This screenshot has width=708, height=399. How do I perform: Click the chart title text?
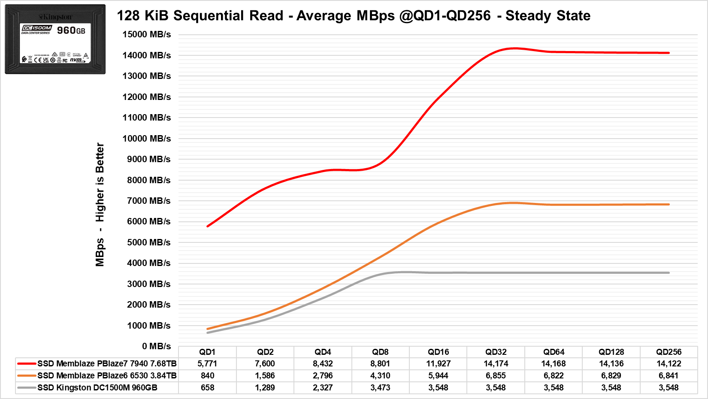click(x=354, y=16)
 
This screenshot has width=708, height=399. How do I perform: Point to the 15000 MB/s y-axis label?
click(x=146, y=34)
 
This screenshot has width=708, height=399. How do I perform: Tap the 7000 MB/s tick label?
click(x=148, y=201)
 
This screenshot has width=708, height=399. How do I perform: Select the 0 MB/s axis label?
click(x=156, y=346)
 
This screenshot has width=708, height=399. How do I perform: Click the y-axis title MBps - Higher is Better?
click(x=100, y=204)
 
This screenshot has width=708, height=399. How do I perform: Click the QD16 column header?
click(x=438, y=352)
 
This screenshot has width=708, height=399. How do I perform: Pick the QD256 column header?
click(x=669, y=352)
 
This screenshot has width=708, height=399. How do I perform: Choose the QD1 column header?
click(x=207, y=352)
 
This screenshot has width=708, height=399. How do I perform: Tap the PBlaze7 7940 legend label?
click(x=107, y=363)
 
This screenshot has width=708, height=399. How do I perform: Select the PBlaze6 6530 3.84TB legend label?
click(x=107, y=375)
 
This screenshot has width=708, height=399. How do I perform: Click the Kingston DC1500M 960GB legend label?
click(x=97, y=387)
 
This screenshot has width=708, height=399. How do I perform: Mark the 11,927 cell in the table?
click(x=438, y=363)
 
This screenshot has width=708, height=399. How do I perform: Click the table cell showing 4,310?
click(x=380, y=375)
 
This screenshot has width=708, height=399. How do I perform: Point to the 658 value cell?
click(x=207, y=387)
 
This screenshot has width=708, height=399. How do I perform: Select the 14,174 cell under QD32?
click(x=496, y=363)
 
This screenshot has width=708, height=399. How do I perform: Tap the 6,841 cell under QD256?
click(x=669, y=375)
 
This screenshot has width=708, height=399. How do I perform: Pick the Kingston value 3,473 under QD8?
click(x=380, y=387)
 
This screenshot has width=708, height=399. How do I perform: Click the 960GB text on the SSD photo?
click(x=71, y=30)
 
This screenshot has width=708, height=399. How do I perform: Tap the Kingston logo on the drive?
click(x=56, y=17)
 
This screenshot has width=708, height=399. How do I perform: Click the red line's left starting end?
click(x=208, y=226)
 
